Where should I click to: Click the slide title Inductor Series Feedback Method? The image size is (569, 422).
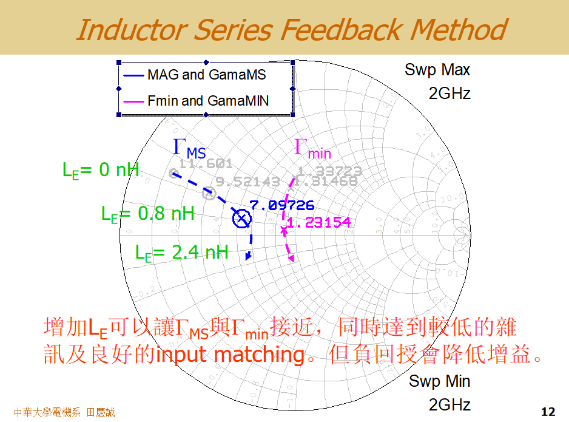coord(291,29)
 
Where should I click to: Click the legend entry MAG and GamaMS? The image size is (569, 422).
coord(206,75)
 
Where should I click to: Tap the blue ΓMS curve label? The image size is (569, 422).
coord(189,148)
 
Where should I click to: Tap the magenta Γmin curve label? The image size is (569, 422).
coord(312,149)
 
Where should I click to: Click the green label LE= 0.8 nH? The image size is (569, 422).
coord(147,214)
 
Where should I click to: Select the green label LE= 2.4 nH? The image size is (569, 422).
coord(182,252)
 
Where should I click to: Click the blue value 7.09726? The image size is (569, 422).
coord(281,205)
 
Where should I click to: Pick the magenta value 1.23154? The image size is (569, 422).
coord(318,223)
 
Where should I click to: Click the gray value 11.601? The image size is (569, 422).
coord(206,163)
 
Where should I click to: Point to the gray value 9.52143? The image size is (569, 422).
coord(247,182)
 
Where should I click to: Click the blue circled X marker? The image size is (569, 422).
coord(241,218)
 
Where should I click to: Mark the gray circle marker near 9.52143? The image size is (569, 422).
coord(209,193)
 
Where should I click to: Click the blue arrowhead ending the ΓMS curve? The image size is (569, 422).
coord(247,257)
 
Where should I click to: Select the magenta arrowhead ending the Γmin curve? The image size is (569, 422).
coord(292,259)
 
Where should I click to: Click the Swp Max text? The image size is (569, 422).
coord(437,70)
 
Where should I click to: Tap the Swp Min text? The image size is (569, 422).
coord(439,381)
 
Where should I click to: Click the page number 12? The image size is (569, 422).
coord(548,412)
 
